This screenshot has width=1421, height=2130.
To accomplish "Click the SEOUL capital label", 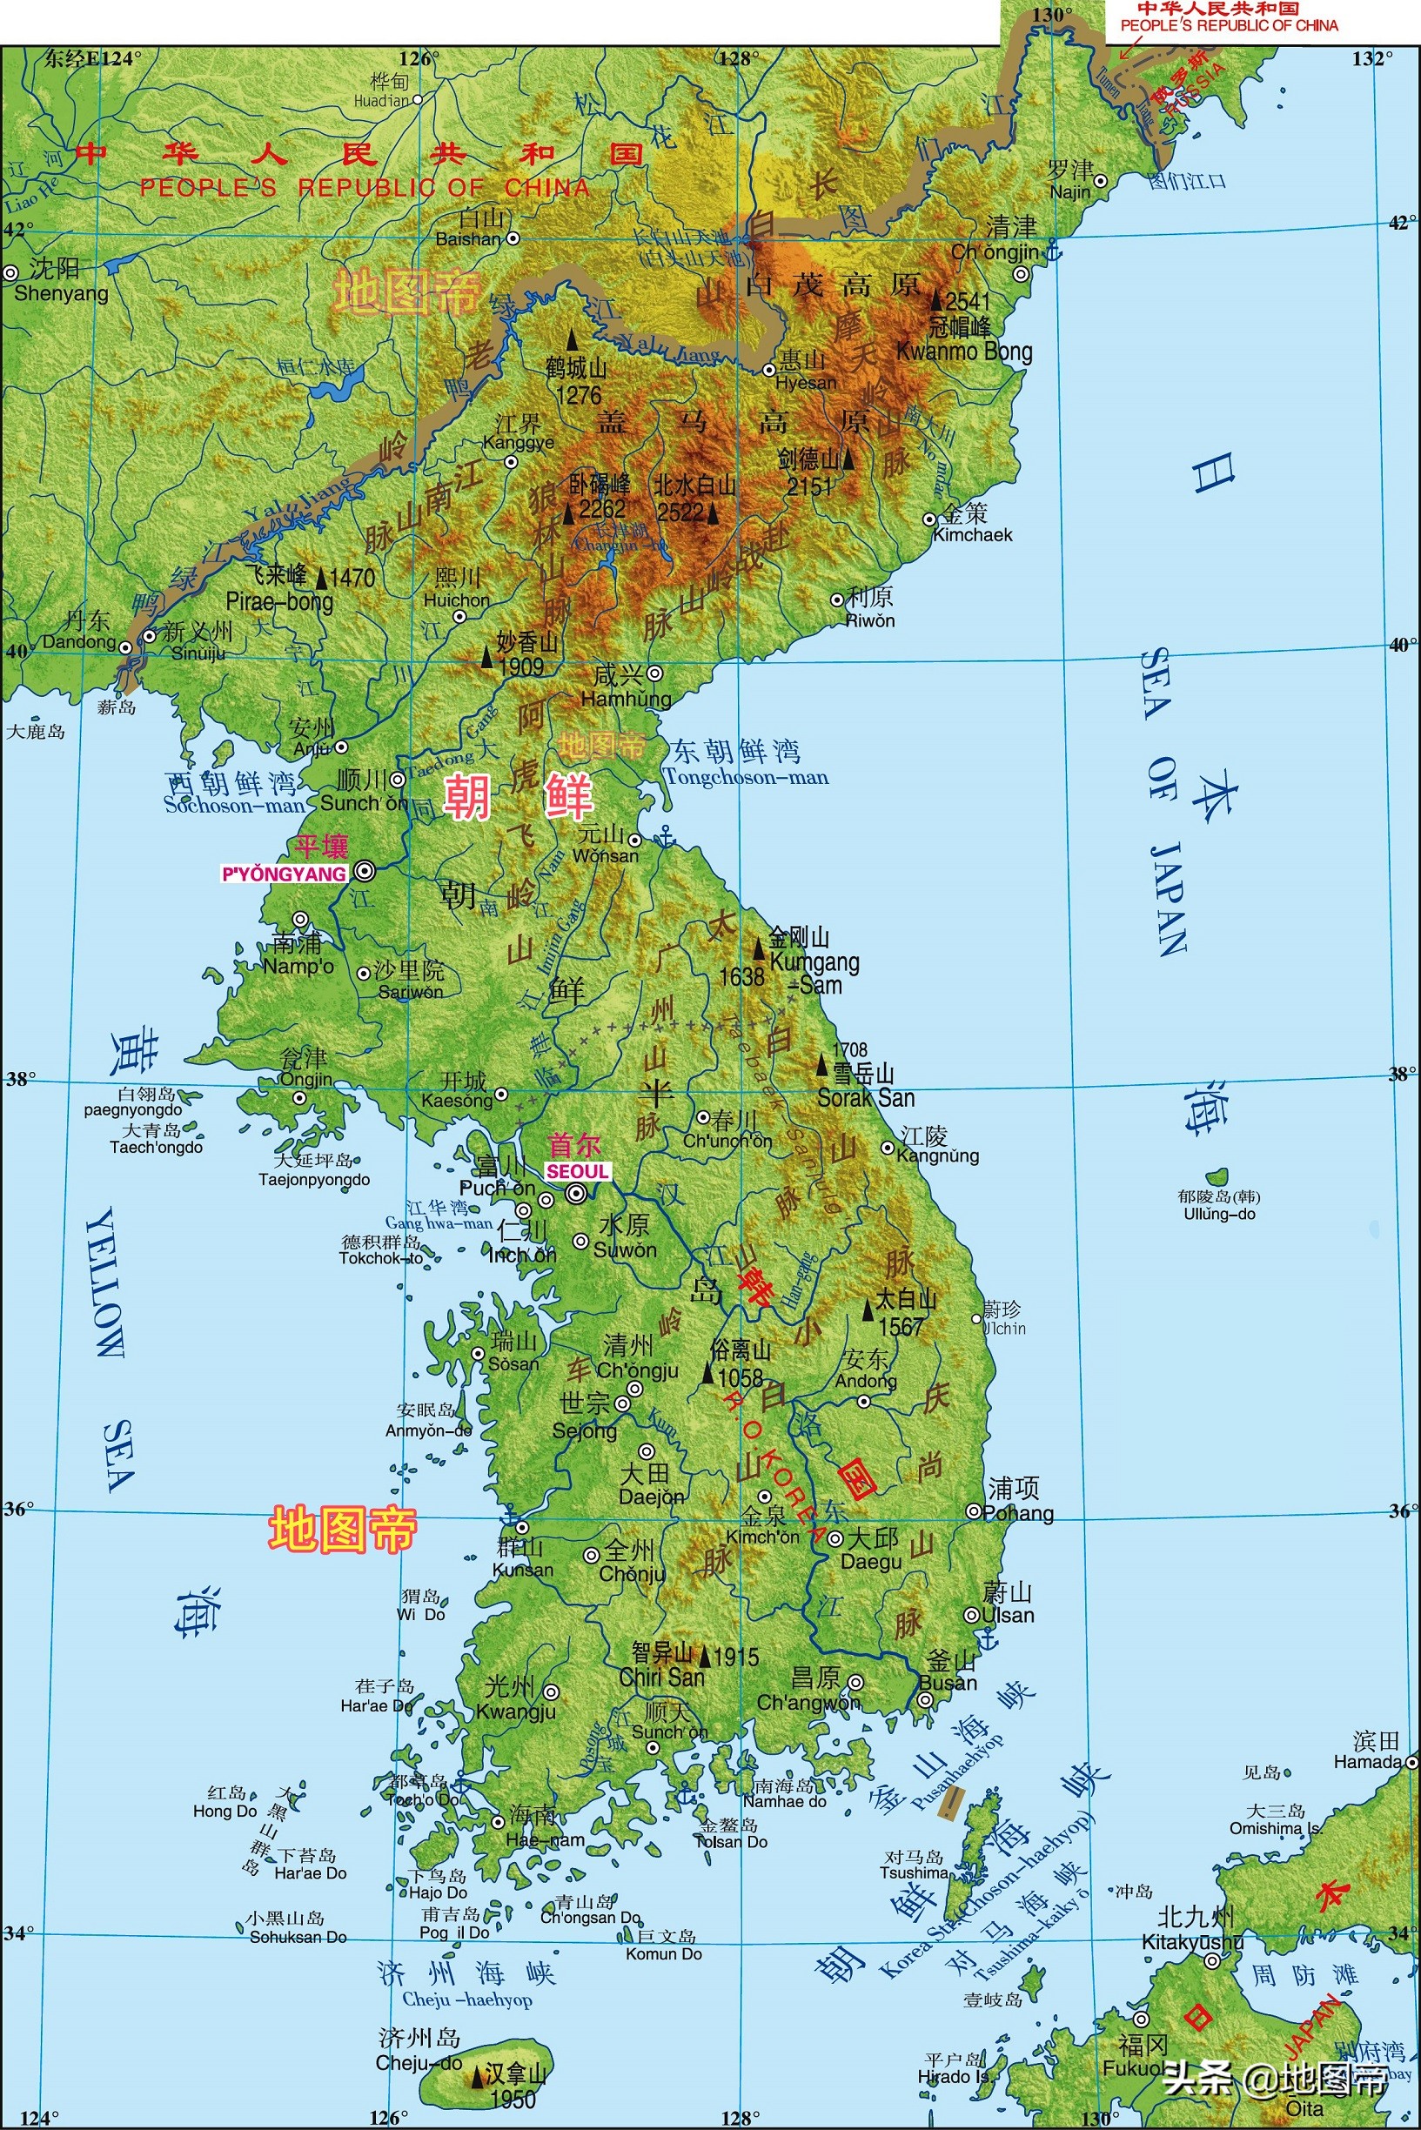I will pos(577,1171).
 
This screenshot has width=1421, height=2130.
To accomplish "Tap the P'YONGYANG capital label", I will pos(284,874).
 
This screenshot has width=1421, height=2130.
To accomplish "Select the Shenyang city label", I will pos(61,292).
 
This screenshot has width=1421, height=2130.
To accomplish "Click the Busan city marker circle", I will pos(924,1699).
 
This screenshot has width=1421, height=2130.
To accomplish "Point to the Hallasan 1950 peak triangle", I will pos(477,2077).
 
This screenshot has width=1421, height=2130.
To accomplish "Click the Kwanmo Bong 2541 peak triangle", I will pos(937,300).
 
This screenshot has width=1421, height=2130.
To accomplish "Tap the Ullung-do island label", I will pos(1219,1213).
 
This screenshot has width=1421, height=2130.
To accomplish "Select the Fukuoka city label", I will pos(1131,2071).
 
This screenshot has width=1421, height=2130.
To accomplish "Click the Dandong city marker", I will pos(126,648).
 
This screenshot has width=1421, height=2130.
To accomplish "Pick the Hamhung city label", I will pos(626,699).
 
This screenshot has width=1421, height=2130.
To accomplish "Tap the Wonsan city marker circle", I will pos(635,840).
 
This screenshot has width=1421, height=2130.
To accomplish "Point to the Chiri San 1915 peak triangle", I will pos(704,1656).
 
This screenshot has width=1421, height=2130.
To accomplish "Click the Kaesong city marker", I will pos(501,1095).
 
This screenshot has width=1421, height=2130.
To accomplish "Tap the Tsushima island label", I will pos(914,1872).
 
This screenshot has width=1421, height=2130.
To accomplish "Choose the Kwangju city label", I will pos(516,1711).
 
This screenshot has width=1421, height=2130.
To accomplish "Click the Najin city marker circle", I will pos(1100,181).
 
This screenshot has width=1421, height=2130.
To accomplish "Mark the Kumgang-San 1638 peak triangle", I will pos(760,948).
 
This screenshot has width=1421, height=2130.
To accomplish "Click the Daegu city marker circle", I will pos(835,1538).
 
